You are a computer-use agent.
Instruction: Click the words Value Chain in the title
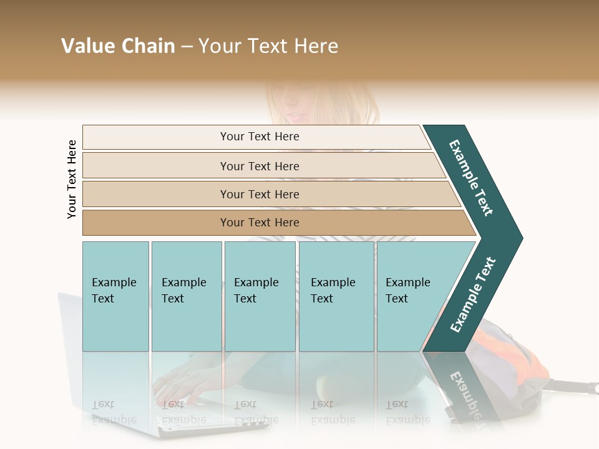tap(118, 46)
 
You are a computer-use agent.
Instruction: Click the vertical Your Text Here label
tap(72, 179)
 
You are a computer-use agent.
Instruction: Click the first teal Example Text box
tap(115, 296)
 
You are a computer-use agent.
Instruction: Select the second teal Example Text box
tap(186, 296)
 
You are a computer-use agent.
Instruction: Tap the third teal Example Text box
tap(260, 296)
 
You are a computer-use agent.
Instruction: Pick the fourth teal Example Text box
tap(336, 296)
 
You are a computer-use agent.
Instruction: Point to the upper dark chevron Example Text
tap(471, 178)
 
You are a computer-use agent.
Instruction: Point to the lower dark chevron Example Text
tap(473, 294)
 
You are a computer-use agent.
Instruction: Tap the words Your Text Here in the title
tap(268, 46)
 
